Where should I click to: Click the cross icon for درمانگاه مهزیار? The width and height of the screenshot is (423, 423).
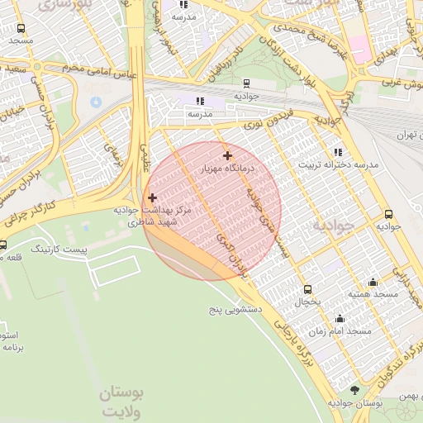point(227,155)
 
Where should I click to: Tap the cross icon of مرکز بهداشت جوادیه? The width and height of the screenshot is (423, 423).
point(151,197)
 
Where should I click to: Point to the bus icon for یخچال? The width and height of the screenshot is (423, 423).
point(308,289)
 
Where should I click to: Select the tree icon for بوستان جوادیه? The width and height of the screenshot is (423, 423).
point(355,389)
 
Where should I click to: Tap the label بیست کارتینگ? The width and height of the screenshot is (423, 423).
point(57,248)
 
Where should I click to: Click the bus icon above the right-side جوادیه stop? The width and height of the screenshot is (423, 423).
point(388,211)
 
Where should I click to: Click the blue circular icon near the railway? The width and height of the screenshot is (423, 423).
point(96,102)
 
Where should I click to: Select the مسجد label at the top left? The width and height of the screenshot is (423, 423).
point(21,40)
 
